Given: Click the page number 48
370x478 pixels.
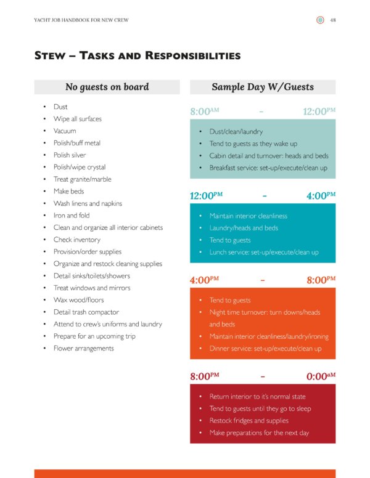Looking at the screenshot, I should (333, 20).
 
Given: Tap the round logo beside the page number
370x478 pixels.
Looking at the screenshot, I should (320, 20).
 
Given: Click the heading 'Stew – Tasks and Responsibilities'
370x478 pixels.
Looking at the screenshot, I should (137, 56).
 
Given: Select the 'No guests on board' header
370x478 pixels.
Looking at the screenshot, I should (107, 87).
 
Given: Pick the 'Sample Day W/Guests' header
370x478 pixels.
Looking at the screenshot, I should (263, 87).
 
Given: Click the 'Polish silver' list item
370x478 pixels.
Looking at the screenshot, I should (70, 155).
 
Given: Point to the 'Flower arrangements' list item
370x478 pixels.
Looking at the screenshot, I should (83, 348).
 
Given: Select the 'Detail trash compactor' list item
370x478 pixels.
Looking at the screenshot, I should (86, 312).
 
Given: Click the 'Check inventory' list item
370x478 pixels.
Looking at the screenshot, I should (76, 240).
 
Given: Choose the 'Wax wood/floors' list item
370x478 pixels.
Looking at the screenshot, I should (78, 300).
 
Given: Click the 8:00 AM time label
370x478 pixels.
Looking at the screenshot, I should (205, 111).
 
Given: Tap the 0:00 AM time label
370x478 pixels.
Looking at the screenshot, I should (321, 375).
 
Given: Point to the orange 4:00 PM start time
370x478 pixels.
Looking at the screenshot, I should (205, 280).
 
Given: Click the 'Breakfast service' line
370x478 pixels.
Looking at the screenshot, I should (268, 168).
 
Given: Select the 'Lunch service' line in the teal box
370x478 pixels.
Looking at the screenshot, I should (263, 252).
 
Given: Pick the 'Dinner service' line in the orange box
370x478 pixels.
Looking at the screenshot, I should (265, 349).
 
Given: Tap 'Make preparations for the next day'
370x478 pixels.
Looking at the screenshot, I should (259, 433).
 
